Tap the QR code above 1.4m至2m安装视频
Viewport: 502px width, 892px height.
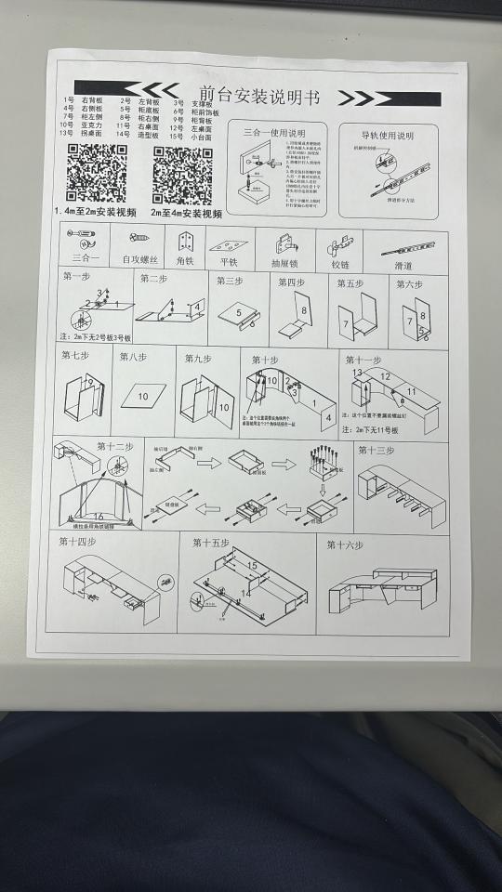97,174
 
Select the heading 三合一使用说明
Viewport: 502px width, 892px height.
275,132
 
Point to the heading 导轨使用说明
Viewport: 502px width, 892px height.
388,136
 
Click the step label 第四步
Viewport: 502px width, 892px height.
291,282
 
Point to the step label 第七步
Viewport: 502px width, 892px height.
75,355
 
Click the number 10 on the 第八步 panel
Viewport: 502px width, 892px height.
143,397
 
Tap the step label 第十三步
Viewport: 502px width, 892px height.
376,451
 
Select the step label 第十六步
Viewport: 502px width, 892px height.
345,544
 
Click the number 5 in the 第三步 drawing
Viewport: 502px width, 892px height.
238,313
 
